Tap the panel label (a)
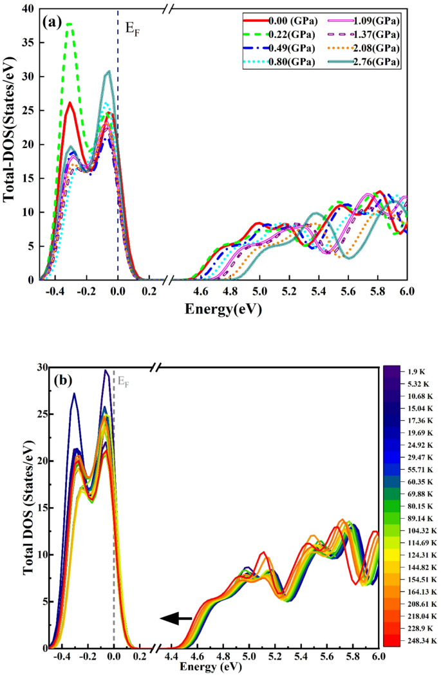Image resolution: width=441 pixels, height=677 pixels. (53, 21)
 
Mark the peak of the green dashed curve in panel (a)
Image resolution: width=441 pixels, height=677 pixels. (70, 24)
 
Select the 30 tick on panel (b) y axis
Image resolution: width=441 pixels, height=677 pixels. (26, 367)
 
